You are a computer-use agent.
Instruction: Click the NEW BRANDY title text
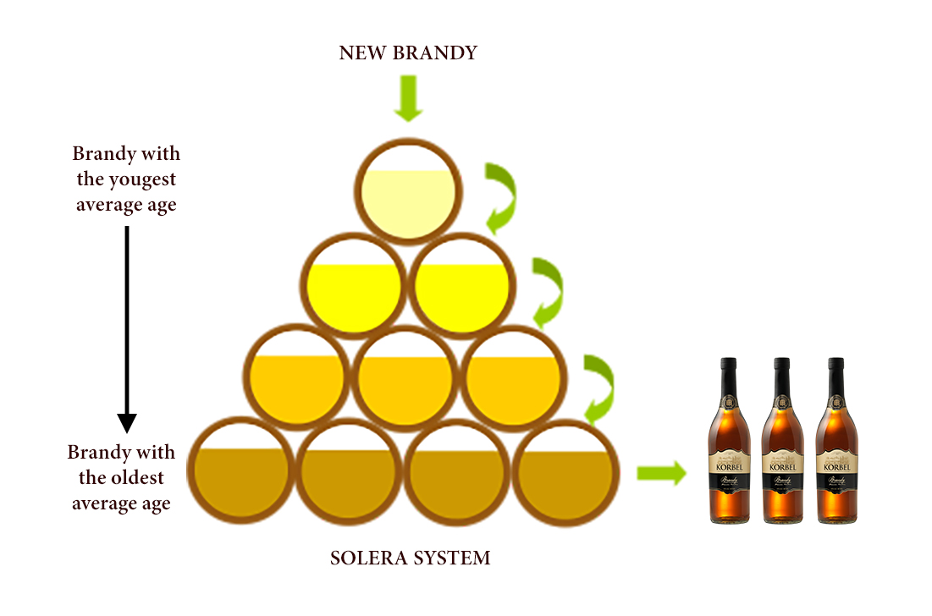point(408,53)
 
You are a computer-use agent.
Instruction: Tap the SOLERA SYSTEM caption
point(410,558)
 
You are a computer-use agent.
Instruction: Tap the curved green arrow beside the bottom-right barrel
point(599,388)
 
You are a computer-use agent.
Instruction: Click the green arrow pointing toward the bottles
point(661,474)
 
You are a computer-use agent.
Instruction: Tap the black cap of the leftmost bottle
point(727,367)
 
